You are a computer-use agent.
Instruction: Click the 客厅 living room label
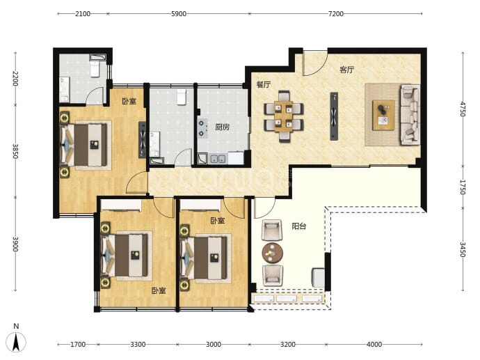click(x=347, y=70)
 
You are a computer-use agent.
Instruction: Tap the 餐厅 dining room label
click(x=264, y=84)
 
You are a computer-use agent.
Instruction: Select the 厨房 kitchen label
click(x=222, y=127)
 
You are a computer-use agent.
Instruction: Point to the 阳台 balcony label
click(x=298, y=226)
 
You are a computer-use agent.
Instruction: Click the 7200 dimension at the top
click(x=336, y=14)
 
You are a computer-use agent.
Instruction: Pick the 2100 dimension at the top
click(x=83, y=14)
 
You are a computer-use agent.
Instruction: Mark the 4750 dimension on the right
click(x=463, y=109)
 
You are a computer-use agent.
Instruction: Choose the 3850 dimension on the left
click(x=15, y=151)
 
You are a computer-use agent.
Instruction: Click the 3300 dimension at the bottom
click(x=138, y=345)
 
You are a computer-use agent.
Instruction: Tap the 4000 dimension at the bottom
click(x=374, y=345)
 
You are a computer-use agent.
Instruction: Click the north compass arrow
click(x=16, y=342)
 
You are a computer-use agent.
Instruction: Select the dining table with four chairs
click(x=284, y=116)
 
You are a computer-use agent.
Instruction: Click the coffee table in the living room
click(x=383, y=115)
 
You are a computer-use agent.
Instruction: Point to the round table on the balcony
click(x=272, y=253)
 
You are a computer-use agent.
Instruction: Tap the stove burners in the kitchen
click(x=202, y=128)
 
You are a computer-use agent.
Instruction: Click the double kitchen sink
click(x=218, y=159)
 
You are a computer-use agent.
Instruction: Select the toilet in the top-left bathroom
click(x=95, y=69)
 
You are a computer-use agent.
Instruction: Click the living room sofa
click(x=410, y=115)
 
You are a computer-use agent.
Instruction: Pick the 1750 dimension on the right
click(x=463, y=187)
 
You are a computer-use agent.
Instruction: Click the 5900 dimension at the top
click(x=179, y=14)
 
